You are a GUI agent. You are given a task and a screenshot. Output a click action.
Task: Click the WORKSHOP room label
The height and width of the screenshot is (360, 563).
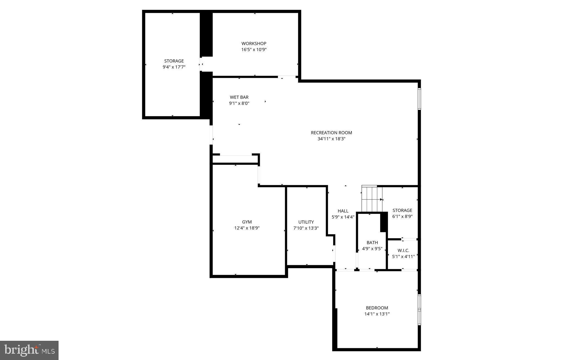(x=254, y=43)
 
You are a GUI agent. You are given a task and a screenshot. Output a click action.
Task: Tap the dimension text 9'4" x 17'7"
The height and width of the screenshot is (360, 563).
(x=174, y=67)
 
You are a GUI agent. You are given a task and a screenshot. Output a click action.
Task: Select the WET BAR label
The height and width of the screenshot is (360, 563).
(x=239, y=97)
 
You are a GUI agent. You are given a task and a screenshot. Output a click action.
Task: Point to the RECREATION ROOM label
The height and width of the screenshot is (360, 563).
(x=331, y=133)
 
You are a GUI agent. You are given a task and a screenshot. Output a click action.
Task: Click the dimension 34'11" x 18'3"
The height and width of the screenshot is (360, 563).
(x=331, y=139)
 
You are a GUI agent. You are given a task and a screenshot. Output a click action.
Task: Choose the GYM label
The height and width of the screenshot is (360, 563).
(x=247, y=222)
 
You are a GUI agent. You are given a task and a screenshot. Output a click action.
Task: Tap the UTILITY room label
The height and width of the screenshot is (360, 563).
(x=306, y=222)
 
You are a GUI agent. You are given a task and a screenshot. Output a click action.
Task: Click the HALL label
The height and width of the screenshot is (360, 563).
(x=343, y=211)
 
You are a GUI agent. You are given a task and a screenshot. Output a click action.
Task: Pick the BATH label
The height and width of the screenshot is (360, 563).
(x=372, y=243)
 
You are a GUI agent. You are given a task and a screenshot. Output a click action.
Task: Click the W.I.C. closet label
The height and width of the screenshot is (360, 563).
(x=403, y=251)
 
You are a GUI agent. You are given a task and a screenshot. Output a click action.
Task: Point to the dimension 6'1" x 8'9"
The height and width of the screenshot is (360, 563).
(x=402, y=217)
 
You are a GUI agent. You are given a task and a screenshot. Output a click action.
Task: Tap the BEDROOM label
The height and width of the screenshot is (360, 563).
(x=377, y=308)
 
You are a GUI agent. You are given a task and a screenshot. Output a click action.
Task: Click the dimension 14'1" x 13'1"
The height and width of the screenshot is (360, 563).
(x=377, y=314)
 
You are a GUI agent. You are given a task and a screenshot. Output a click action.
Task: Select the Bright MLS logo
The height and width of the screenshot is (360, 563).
(x=29, y=350)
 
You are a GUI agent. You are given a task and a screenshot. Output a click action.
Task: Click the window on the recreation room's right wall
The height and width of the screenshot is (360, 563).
(x=419, y=99)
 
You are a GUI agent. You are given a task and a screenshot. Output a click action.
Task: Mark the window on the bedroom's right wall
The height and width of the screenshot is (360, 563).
(x=419, y=310)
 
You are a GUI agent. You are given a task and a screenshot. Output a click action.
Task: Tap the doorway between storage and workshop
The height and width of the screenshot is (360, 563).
(x=201, y=64)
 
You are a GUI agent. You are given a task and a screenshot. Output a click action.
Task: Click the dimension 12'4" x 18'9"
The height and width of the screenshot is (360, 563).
(x=247, y=228)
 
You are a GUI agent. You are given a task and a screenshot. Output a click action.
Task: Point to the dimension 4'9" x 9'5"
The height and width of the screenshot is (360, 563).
(x=372, y=249)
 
